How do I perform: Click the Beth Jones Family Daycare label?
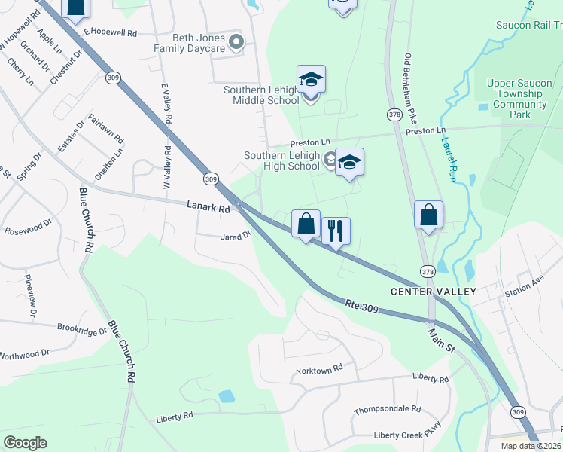(x=190, y=43)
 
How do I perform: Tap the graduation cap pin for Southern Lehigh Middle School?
(x=311, y=80)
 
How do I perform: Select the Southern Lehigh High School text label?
(x=281, y=161)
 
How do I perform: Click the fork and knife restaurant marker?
(x=336, y=230)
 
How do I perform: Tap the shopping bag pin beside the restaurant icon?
(x=306, y=224)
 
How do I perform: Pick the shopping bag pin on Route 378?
(x=428, y=215)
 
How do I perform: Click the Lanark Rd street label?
(x=208, y=206)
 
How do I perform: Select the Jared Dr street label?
(x=235, y=236)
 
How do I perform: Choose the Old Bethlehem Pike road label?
(x=410, y=88)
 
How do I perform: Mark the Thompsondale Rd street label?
(x=387, y=410)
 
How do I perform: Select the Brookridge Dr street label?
(x=82, y=329)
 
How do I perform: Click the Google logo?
(x=25, y=442)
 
